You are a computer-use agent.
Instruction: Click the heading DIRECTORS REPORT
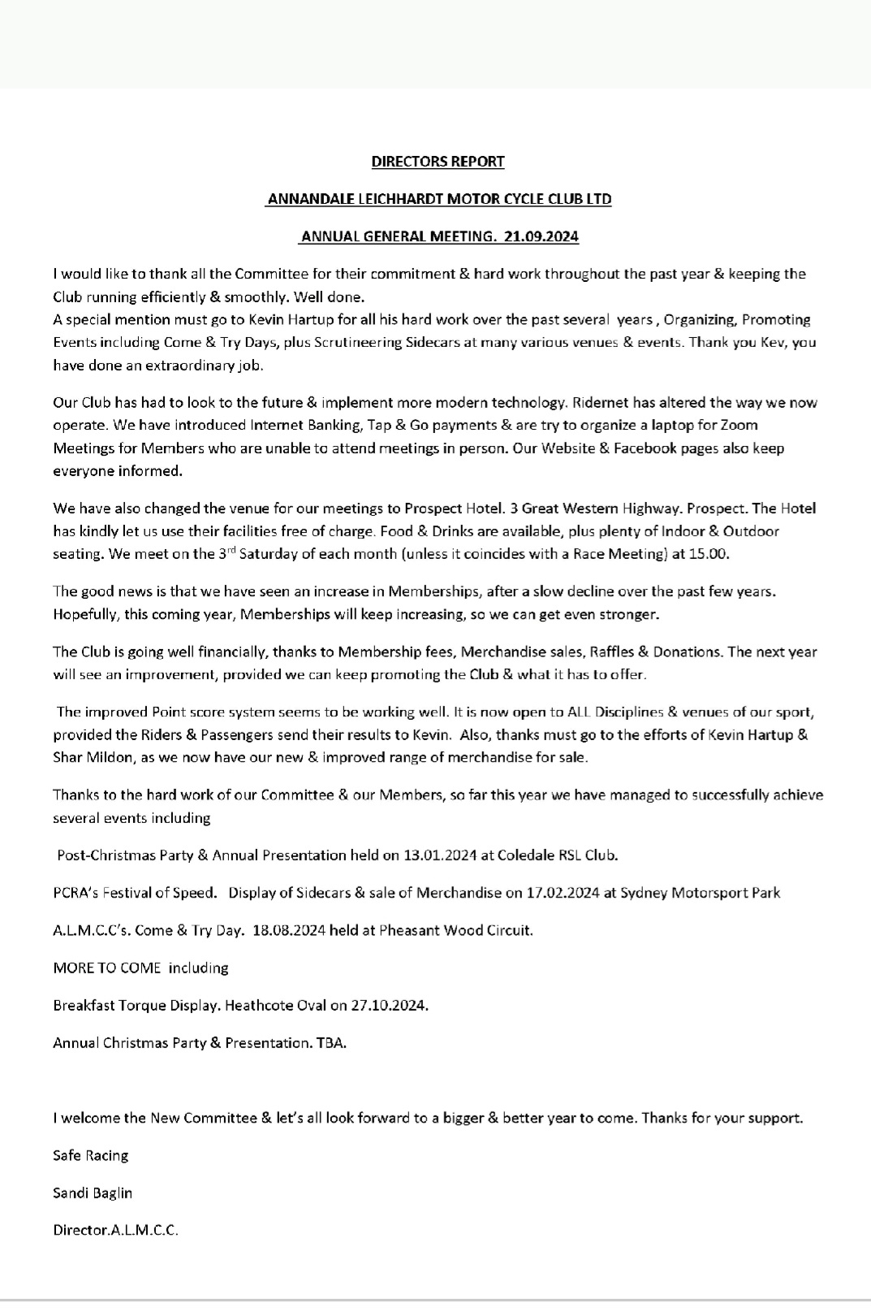tap(438, 161)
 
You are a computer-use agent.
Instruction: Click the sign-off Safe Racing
tap(90, 1155)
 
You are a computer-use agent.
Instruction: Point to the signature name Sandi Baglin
tap(93, 1193)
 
